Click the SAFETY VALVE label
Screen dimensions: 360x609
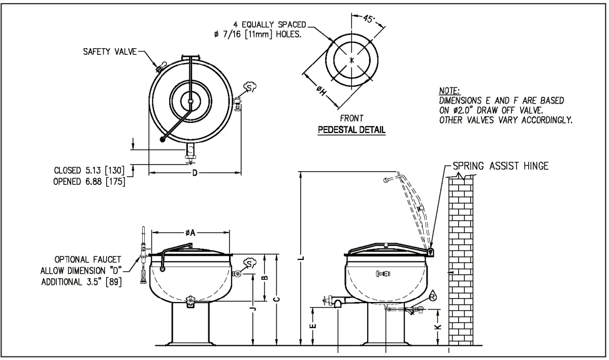(x=110, y=53)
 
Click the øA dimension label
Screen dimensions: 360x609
(x=189, y=233)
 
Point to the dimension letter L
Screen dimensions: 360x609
(x=302, y=259)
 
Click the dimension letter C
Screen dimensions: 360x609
(x=276, y=300)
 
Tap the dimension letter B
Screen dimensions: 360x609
(x=264, y=278)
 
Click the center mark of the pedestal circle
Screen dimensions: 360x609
(x=351, y=60)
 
